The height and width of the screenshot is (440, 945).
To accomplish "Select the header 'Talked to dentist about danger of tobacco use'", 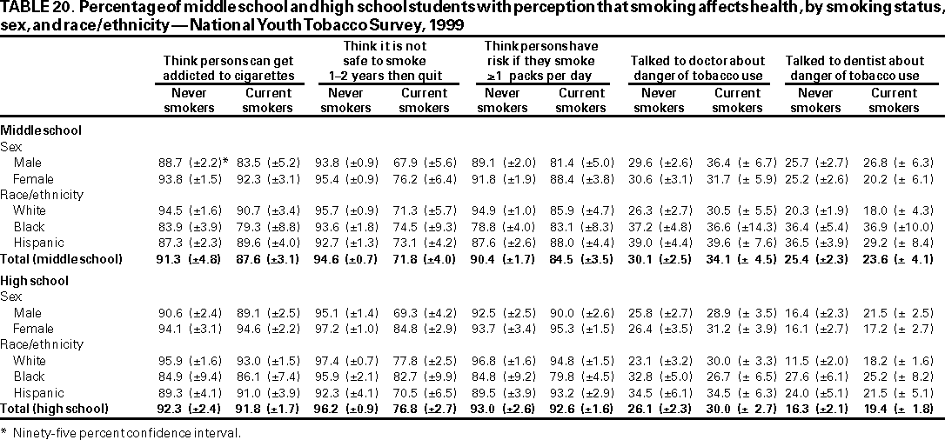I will pyautogui.click(x=855, y=68).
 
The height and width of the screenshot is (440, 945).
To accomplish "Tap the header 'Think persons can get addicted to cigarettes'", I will pyautogui.click(x=228, y=68).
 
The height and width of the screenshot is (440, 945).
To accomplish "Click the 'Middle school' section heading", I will pyautogui.click(x=42, y=130).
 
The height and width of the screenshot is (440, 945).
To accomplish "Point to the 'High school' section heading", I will pyautogui.click(x=35, y=281).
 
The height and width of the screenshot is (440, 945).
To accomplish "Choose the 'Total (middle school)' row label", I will pyautogui.click(x=61, y=259).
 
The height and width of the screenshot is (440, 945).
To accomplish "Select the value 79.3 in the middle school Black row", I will pyautogui.click(x=255, y=227).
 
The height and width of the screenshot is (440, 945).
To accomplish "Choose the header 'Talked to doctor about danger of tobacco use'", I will pyautogui.click(x=697, y=68).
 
